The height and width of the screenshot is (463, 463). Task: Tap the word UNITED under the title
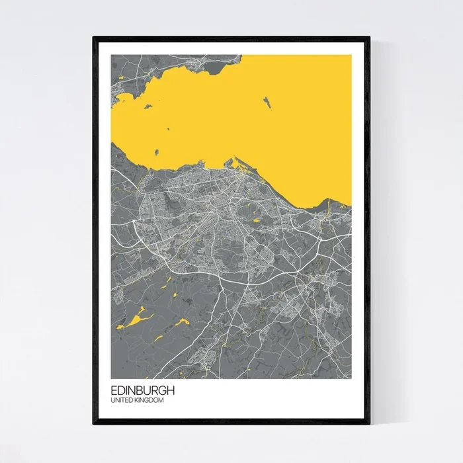click(x=121, y=400)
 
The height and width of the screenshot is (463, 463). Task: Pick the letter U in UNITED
click(x=113, y=400)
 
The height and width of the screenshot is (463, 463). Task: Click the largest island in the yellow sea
click(x=268, y=103)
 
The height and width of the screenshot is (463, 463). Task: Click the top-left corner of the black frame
click(x=94, y=38)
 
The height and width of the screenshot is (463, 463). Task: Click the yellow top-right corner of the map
click(x=350, y=57)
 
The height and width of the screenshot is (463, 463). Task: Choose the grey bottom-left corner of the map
click(x=112, y=376)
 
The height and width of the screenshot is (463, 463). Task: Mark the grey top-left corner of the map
click(x=112, y=57)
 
